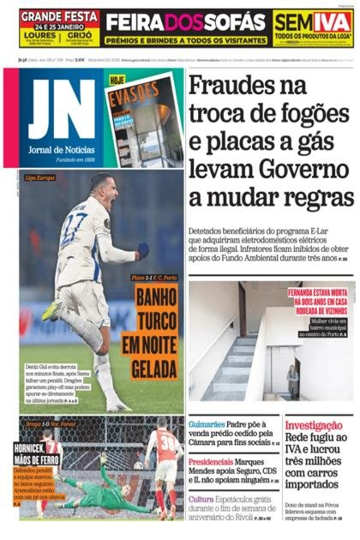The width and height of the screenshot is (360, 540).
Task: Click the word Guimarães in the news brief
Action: tap(213, 423)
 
